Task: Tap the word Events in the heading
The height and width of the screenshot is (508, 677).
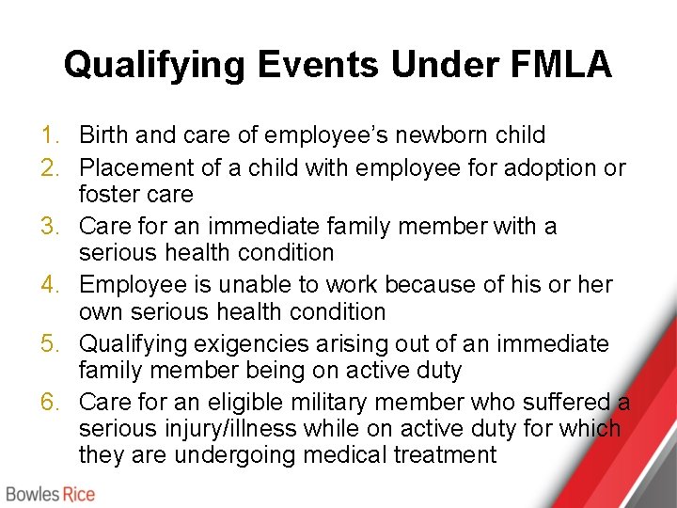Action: pyautogui.click(x=317, y=64)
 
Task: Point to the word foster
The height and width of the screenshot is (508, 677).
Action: pyautogui.click(x=112, y=195)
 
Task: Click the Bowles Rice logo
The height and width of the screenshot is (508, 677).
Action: pyautogui.click(x=52, y=493)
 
